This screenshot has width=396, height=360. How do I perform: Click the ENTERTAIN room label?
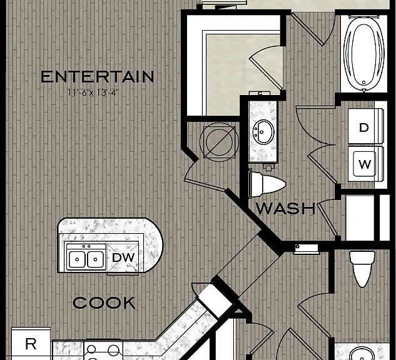(97, 77)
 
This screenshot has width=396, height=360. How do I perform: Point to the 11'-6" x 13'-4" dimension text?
(93, 92)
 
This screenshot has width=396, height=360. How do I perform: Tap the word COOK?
(104, 302)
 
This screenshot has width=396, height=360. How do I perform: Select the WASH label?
(286, 208)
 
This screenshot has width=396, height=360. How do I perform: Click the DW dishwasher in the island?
(123, 257)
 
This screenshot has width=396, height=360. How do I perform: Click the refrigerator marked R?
(31, 344)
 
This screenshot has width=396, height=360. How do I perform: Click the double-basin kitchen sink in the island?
(86, 258)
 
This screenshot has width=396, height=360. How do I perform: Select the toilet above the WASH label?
(267, 184)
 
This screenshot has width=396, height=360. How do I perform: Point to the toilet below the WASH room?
(362, 268)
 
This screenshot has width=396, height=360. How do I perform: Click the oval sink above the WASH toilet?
(263, 132)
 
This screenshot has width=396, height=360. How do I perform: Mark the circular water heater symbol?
(219, 142)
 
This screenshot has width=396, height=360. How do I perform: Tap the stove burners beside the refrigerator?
(103, 351)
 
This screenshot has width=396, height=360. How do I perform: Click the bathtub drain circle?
(363, 82)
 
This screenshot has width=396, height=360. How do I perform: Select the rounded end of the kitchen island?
(153, 245)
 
